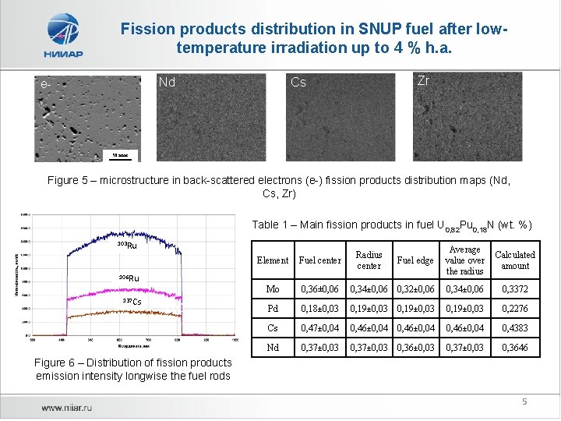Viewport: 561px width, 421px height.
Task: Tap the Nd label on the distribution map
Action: (x=167, y=82)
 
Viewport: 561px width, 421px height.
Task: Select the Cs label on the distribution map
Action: (x=298, y=82)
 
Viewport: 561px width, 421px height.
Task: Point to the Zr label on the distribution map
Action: (x=423, y=80)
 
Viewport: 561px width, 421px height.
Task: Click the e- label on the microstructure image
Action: (x=46, y=83)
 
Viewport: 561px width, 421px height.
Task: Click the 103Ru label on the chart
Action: (x=126, y=246)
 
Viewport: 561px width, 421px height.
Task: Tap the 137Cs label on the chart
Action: (x=132, y=302)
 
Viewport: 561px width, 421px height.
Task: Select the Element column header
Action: (x=273, y=260)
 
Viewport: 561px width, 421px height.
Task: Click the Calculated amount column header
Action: (x=515, y=260)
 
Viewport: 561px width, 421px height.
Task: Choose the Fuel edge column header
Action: (x=415, y=260)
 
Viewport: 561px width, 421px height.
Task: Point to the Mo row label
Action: (x=273, y=290)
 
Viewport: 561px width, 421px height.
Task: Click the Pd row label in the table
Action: (x=273, y=309)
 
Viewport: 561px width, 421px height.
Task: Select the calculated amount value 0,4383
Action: (x=515, y=328)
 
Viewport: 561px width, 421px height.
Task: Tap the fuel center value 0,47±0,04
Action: (x=320, y=328)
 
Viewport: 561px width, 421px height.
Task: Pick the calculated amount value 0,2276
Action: (x=515, y=309)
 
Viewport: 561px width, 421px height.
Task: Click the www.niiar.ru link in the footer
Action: (x=68, y=407)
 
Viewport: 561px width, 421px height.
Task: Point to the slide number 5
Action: (x=524, y=402)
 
